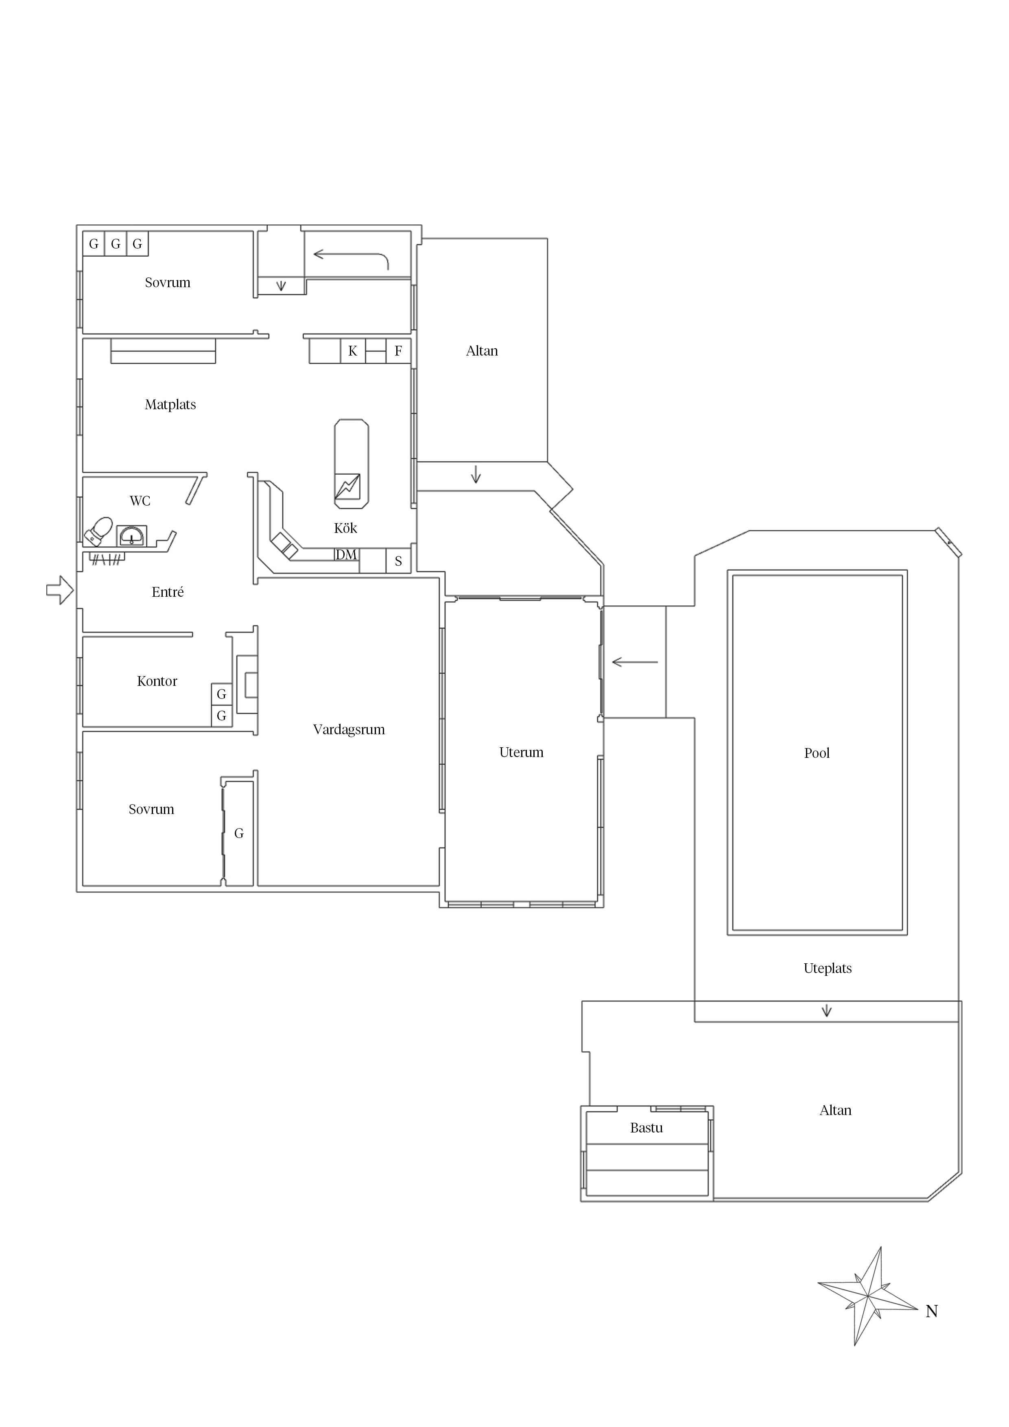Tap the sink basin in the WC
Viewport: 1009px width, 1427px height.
132,535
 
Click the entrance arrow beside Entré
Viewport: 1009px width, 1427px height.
60,589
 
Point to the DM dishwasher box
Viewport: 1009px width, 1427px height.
346,554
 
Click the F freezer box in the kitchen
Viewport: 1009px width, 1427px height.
398,351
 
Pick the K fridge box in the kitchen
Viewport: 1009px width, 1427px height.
352,351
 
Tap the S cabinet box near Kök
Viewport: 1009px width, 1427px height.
398,561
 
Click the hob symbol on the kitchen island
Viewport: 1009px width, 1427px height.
347,487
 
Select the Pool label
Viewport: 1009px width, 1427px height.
817,753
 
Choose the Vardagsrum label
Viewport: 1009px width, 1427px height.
349,730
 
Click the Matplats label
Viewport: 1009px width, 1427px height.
170,405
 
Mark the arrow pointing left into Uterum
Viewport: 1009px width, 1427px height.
635,662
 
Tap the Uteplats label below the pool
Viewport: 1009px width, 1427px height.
828,968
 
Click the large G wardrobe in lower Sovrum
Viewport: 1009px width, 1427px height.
239,834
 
